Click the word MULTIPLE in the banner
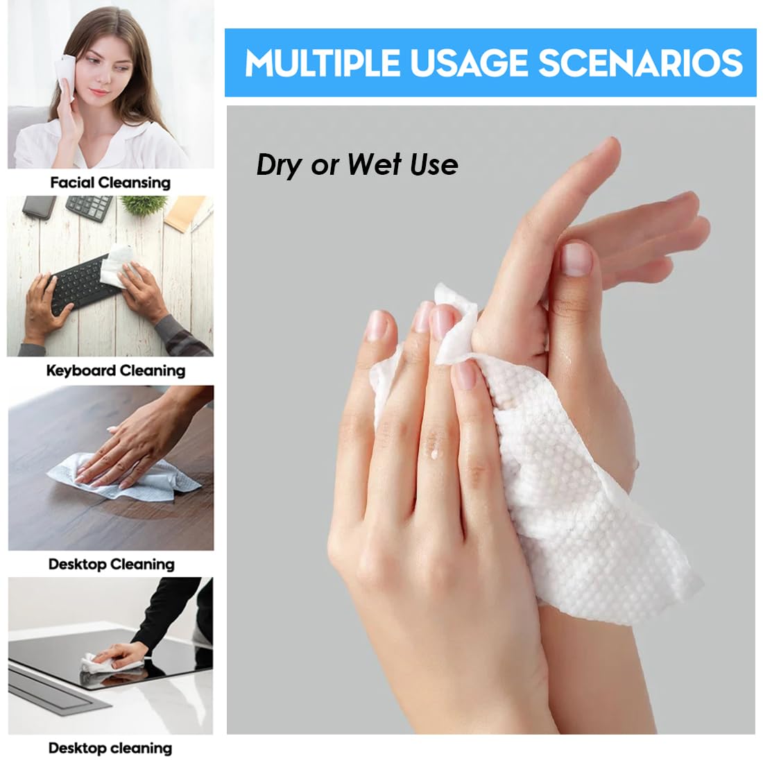pyautogui.click(x=322, y=63)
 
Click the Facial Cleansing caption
pyautogui.click(x=110, y=183)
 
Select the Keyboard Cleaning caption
pyautogui.click(x=116, y=370)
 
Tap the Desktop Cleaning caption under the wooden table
pyautogui.click(x=111, y=564)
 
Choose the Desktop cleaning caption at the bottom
pyautogui.click(x=110, y=748)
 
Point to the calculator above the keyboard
pyautogui.click(x=89, y=207)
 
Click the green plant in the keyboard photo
pyautogui.click(x=144, y=203)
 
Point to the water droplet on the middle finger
pyautogui.click(x=435, y=454)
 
